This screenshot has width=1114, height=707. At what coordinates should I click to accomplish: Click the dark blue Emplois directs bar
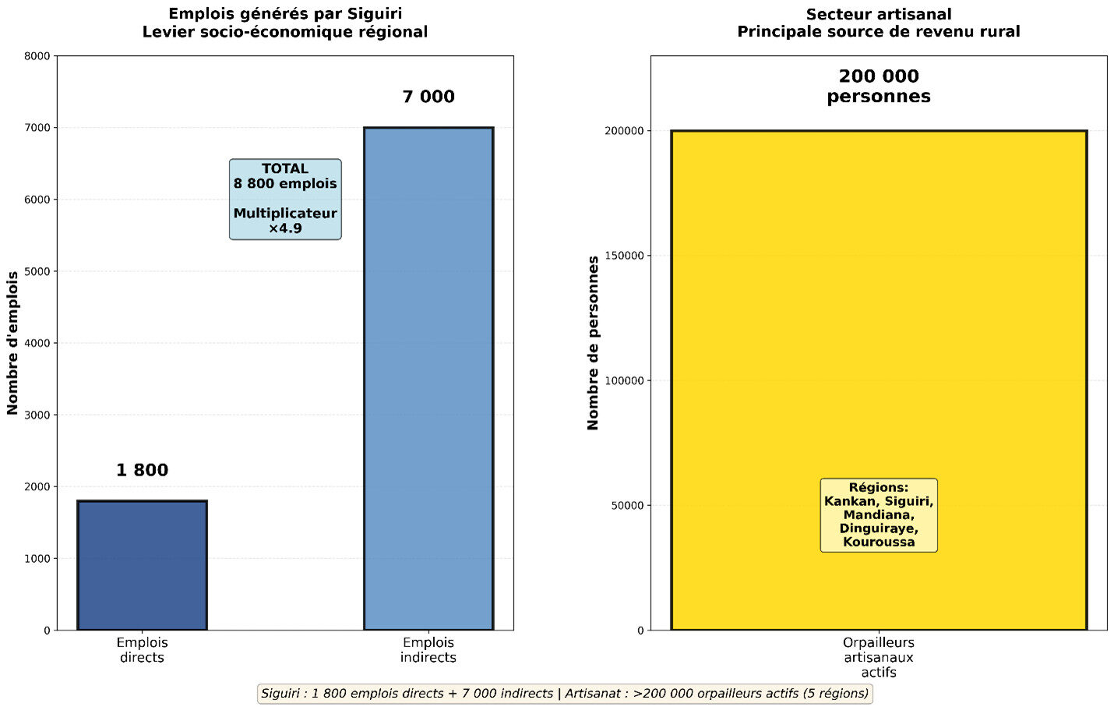[x=142, y=564]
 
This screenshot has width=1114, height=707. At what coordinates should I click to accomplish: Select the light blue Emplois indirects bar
[x=428, y=378]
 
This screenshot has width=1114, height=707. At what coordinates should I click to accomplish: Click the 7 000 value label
[x=428, y=97]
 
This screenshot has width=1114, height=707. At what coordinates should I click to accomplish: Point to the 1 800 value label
[x=142, y=470]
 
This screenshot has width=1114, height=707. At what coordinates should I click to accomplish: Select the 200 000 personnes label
[x=879, y=87]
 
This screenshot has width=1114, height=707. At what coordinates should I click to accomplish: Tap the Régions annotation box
[x=879, y=515]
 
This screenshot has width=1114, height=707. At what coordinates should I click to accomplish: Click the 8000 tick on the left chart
[x=37, y=56]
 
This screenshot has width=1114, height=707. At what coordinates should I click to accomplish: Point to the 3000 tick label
[x=37, y=415]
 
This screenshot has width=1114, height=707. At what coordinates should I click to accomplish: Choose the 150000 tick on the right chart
[x=624, y=256]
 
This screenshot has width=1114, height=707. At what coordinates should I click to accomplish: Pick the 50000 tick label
[x=627, y=505]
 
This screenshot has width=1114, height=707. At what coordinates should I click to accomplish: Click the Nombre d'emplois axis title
[x=12, y=343]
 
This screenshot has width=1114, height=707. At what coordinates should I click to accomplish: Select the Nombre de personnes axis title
[x=594, y=343]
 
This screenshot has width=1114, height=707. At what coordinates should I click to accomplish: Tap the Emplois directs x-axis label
[x=142, y=650]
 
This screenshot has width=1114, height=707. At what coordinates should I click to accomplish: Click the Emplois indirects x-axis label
[x=428, y=650]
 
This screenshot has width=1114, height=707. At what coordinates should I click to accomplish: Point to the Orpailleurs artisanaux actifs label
[x=879, y=657]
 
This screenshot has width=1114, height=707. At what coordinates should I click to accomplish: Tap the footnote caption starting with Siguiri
[x=565, y=694]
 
